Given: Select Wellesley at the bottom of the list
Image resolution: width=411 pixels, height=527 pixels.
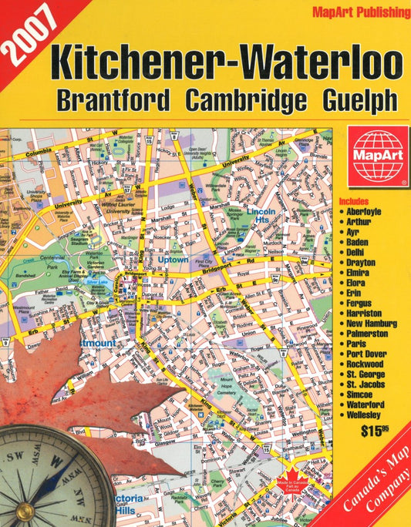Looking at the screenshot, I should (367, 415).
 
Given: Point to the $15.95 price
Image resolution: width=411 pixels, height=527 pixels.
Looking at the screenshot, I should (375, 431).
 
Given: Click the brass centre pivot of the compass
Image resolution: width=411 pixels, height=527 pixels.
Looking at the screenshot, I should (25, 509).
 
